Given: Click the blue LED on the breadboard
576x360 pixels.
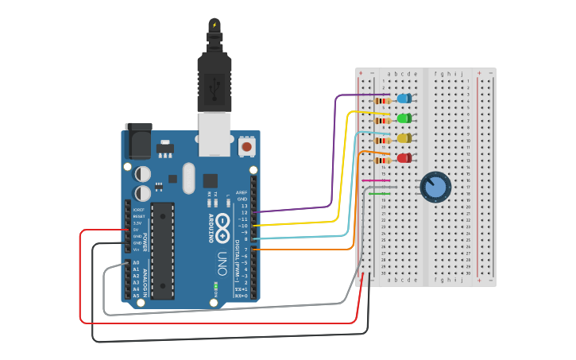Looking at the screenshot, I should [x=404, y=99].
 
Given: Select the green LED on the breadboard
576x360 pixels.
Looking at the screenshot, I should [x=404, y=118].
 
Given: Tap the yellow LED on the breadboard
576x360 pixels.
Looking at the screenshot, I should [x=404, y=138].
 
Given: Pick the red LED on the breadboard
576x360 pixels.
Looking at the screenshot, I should [x=404, y=158].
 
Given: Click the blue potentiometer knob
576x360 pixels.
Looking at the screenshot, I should [x=435, y=187].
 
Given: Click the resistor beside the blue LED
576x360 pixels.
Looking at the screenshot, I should [x=382, y=100].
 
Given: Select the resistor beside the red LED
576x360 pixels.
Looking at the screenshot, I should [x=382, y=160].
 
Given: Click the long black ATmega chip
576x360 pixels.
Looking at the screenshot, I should [x=162, y=250].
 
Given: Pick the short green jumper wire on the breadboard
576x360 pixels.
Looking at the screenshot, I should [x=378, y=193].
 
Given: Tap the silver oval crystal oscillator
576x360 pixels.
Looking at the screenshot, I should [x=188, y=177].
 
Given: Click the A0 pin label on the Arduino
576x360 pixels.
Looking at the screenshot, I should [x=136, y=262].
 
